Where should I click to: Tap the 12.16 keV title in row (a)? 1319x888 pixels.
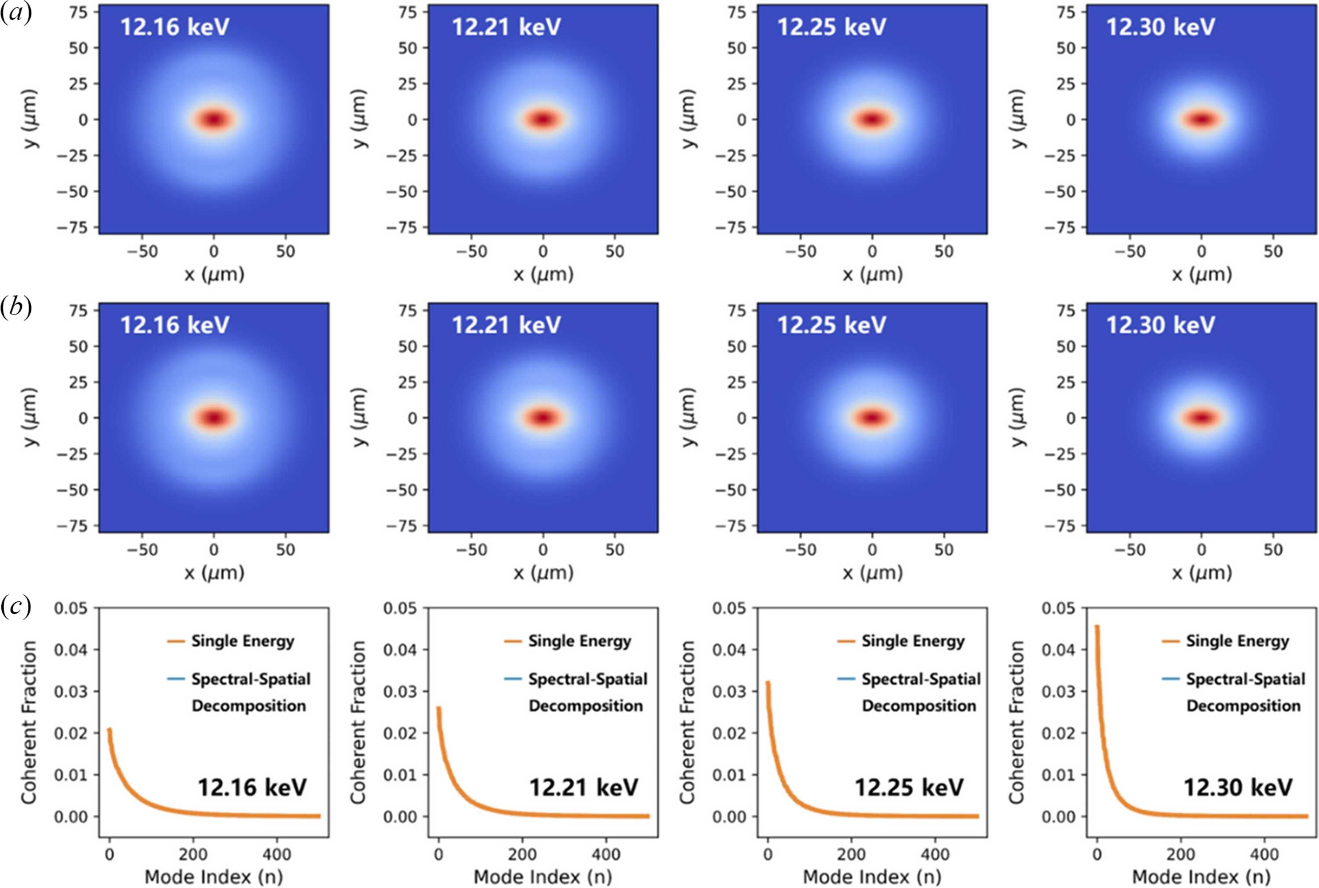[175, 27]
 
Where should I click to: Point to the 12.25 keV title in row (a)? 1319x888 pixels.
[831, 27]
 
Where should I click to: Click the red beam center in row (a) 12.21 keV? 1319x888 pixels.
[543, 119]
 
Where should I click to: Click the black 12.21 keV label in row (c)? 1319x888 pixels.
[583, 787]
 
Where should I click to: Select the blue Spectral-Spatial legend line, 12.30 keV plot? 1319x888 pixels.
[1171, 678]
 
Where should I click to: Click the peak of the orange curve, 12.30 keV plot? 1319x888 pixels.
[1097, 626]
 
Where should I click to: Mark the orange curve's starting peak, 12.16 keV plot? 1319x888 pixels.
[109, 729]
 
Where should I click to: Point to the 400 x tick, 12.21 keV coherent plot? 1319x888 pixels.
[605, 854]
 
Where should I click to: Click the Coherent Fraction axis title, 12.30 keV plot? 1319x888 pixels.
[1017, 723]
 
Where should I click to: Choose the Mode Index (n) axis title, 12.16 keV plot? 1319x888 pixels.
[214, 877]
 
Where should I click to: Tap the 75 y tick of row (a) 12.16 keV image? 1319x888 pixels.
[79, 12]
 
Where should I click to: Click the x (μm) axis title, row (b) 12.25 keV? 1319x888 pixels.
[872, 573]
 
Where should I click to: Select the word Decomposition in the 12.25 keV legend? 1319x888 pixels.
[919, 706]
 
